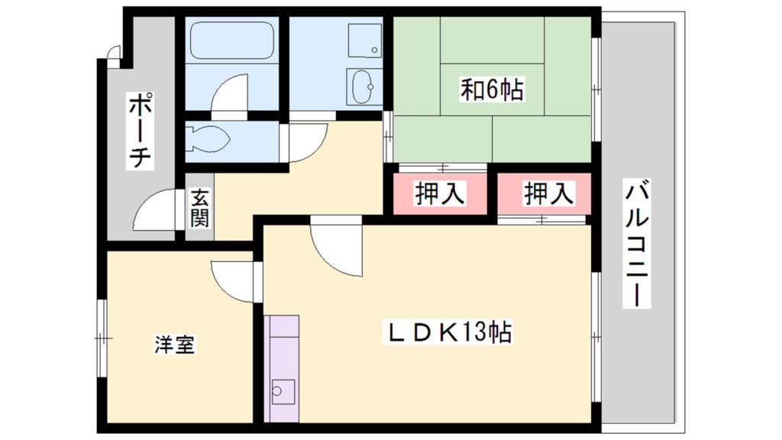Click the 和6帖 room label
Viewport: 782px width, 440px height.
click(491, 90)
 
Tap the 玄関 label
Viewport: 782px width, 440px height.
click(199, 209)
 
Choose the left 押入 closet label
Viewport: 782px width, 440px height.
click(439, 194)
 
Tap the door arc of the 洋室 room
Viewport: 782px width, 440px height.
click(233, 281)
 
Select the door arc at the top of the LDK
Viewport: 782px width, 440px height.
click(336, 248)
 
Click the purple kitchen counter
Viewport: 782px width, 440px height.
click(281, 367)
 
